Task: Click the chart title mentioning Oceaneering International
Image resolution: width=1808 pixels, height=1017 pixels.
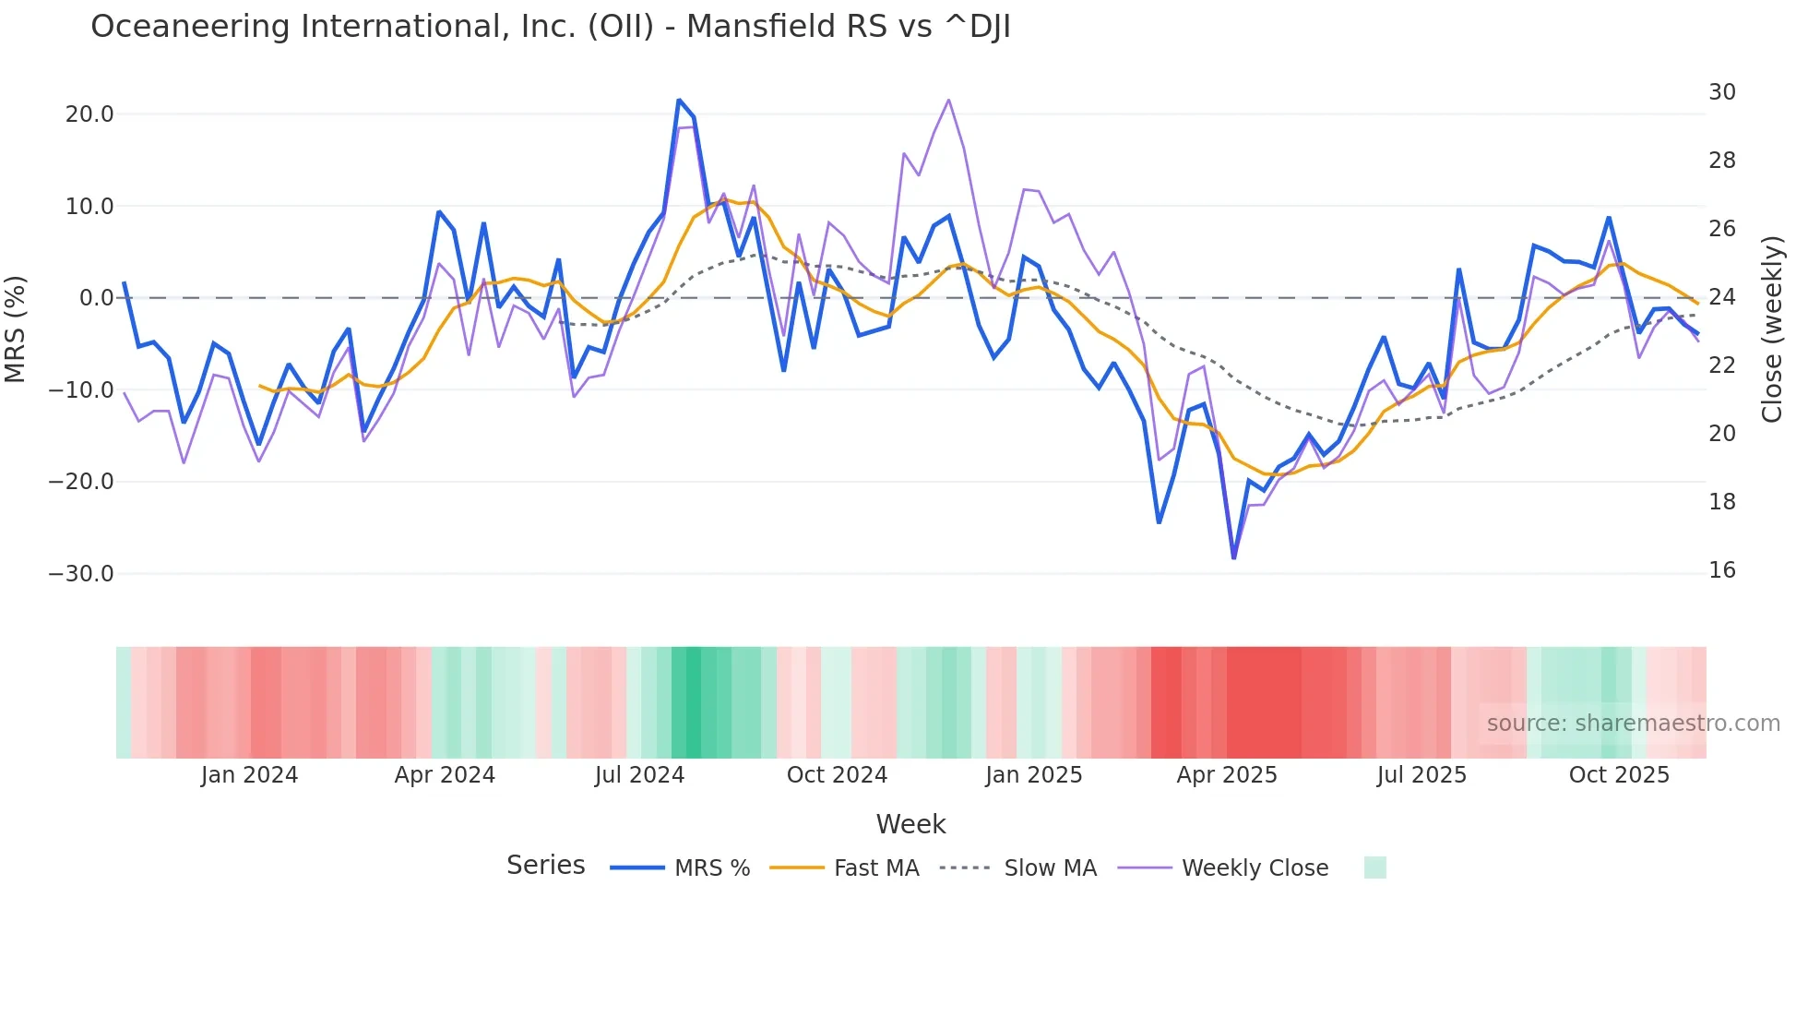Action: click(x=551, y=27)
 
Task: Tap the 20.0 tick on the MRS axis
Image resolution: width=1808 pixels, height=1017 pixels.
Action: click(x=89, y=114)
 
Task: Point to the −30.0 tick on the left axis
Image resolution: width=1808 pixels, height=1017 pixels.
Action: click(x=81, y=574)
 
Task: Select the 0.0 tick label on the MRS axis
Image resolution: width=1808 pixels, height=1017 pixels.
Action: click(x=96, y=298)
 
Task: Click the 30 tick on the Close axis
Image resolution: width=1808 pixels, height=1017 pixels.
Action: click(x=1721, y=92)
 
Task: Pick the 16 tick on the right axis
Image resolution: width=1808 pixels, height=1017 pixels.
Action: click(x=1721, y=570)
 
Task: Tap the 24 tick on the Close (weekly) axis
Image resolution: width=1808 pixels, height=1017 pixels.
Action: click(x=1721, y=297)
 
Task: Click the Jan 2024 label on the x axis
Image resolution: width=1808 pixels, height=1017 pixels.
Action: click(x=249, y=775)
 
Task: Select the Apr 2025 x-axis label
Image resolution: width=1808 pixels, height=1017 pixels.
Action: click(x=1226, y=775)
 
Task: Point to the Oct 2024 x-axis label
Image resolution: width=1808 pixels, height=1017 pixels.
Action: click(x=837, y=775)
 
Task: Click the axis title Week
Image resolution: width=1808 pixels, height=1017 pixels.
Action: click(x=910, y=824)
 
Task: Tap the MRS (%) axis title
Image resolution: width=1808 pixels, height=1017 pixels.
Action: click(x=16, y=329)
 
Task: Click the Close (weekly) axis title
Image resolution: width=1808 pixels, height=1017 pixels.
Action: click(x=1772, y=329)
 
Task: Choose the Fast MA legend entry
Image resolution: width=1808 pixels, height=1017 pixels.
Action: click(x=875, y=868)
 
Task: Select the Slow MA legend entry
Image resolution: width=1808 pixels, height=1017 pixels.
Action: click(x=1050, y=868)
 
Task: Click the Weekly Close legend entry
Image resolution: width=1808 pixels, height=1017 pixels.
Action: click(x=1255, y=868)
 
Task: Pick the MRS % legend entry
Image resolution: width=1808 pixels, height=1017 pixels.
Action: click(x=711, y=868)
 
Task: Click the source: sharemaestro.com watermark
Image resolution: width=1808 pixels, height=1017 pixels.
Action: click(x=1633, y=724)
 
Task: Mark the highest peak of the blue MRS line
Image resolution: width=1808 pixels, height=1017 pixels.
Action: click(x=679, y=100)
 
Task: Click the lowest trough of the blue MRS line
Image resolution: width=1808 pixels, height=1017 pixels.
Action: click(x=1233, y=557)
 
